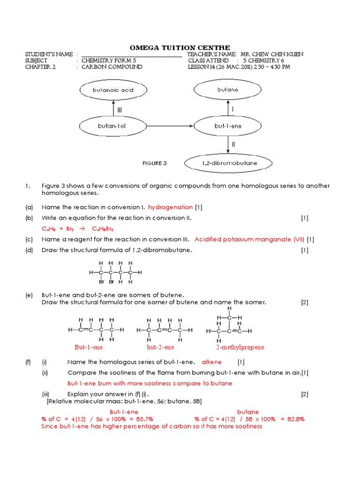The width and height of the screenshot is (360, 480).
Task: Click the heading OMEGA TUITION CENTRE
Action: point(180,47)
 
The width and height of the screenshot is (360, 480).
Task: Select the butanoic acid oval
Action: point(113,90)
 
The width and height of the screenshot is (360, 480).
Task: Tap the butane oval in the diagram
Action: point(228,90)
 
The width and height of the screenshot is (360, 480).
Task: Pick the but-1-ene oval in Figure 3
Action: point(228,126)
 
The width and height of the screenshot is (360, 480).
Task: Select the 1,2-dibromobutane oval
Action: point(228,163)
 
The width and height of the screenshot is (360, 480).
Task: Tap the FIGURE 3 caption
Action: point(154,164)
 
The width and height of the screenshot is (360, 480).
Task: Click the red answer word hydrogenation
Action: point(170,207)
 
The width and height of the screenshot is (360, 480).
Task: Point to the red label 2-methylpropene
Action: point(240,347)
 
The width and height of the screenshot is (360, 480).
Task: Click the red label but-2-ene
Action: point(160,347)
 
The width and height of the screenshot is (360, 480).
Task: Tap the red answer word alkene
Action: point(212,362)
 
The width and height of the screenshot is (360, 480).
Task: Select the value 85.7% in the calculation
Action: point(141,419)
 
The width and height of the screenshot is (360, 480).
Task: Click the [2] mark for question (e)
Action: point(305,302)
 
